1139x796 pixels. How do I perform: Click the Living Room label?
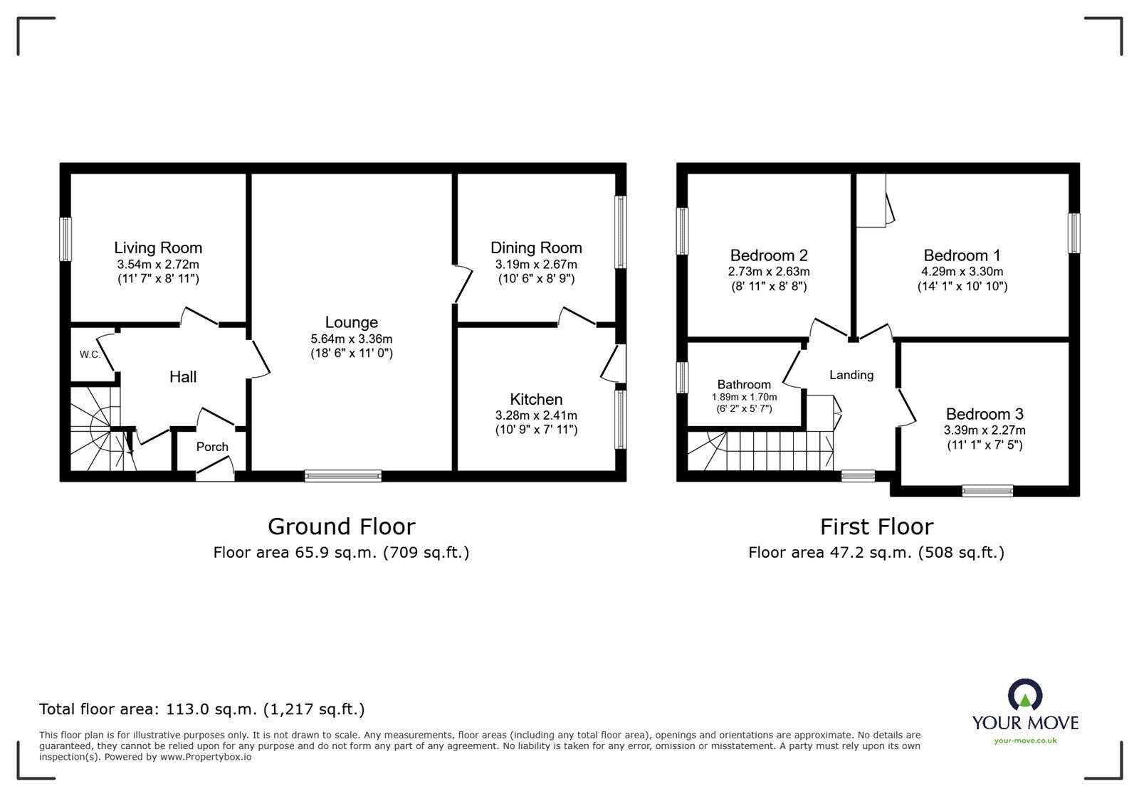(x=158, y=248)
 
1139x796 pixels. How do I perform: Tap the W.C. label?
(x=90, y=354)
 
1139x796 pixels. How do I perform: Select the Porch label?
(x=212, y=447)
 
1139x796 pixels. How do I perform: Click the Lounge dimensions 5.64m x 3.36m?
(x=351, y=339)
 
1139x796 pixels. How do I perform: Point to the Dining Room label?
(x=536, y=248)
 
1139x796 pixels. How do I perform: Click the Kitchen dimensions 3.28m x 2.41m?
(x=536, y=415)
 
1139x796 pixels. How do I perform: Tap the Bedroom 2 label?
(x=769, y=255)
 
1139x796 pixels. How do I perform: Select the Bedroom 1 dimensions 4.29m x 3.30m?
(x=962, y=272)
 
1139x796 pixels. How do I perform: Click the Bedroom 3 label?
(x=985, y=414)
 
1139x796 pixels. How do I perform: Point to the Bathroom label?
(x=744, y=384)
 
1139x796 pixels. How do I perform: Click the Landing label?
(x=851, y=375)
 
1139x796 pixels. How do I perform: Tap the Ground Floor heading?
(x=341, y=526)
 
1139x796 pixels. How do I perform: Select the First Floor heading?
(x=876, y=526)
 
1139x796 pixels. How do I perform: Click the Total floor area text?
(x=202, y=709)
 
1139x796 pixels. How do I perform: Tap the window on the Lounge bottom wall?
(x=343, y=476)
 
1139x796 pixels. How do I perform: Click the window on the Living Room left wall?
(x=65, y=239)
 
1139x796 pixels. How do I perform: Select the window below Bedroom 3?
(x=987, y=490)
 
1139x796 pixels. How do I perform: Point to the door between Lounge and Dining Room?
(x=461, y=285)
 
